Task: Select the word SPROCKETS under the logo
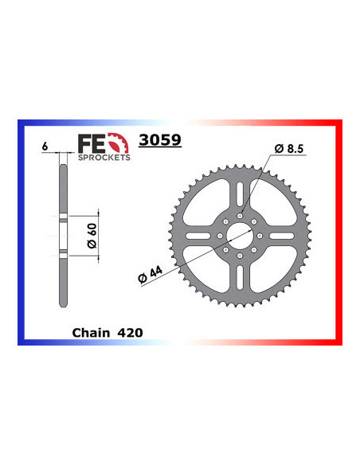103,157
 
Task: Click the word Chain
89,332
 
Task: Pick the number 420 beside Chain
131,332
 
